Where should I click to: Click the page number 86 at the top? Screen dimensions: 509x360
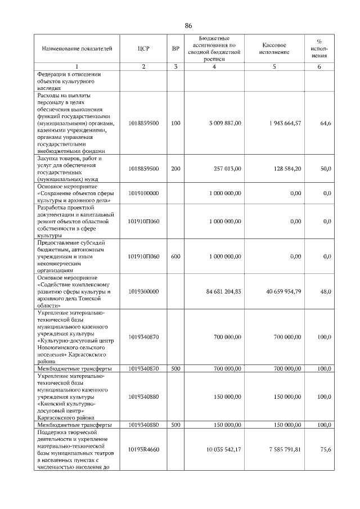point(188,26)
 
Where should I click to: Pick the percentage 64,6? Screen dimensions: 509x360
point(325,123)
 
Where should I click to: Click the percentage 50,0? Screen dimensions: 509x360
point(325,168)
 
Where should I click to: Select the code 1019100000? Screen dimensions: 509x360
point(143,193)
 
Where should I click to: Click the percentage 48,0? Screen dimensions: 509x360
point(325,292)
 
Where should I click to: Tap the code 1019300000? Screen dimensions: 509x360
point(143,292)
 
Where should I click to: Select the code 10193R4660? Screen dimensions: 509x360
point(143,449)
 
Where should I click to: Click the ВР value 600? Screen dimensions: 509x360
point(175,256)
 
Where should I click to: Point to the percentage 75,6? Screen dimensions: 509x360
point(325,449)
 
